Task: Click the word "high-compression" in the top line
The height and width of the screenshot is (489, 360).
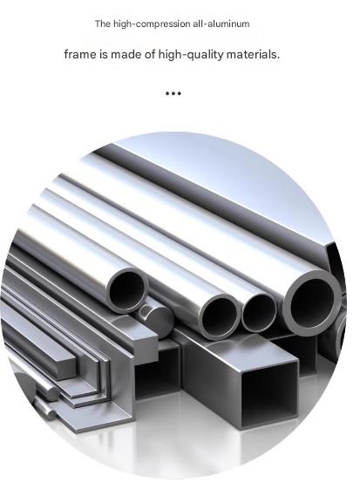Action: tap(152, 24)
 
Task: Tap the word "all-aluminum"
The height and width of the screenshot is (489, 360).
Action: tap(221, 24)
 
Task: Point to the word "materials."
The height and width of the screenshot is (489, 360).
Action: tap(253, 55)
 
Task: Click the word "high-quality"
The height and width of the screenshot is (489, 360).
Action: tap(191, 55)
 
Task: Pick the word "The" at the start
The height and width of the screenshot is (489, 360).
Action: tap(103, 24)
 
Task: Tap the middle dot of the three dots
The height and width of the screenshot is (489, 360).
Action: tap(173, 93)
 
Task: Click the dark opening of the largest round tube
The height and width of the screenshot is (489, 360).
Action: tap(312, 302)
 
